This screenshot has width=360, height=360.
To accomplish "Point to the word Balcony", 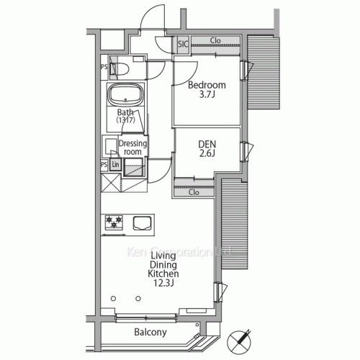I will click(x=150, y=333).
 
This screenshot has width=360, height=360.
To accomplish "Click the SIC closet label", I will click(x=183, y=45).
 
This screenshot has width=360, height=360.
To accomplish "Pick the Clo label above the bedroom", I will click(x=216, y=40).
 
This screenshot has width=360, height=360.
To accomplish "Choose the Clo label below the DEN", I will click(x=194, y=192).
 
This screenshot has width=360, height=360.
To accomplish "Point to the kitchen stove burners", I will click(x=114, y=223).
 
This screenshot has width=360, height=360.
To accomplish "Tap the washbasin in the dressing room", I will click(x=111, y=148).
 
